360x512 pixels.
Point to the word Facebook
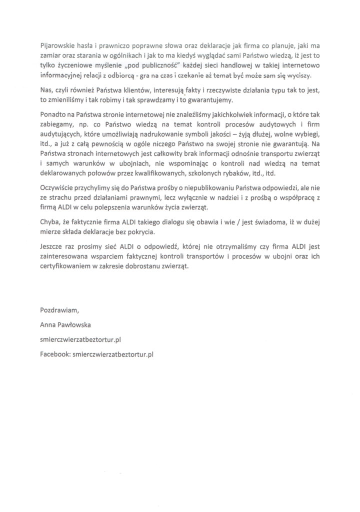55,353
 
